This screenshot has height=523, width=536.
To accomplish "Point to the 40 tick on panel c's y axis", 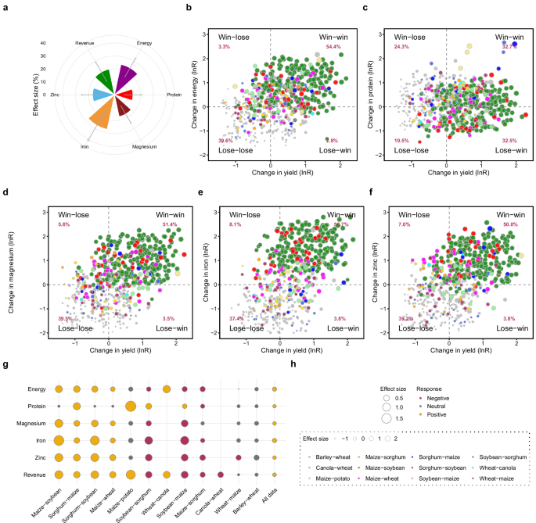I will [x=382, y=33].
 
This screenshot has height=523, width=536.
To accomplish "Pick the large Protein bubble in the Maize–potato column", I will [x=130, y=406].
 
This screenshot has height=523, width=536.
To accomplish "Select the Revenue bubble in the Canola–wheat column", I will [x=221, y=475].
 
